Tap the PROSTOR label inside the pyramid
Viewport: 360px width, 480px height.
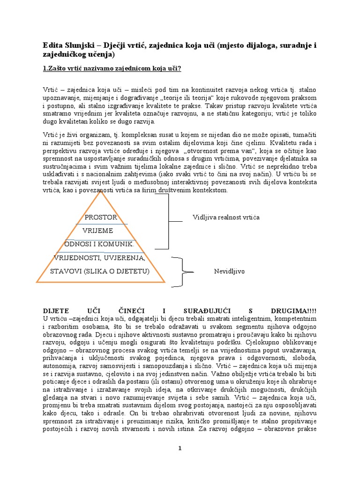[x=100, y=217]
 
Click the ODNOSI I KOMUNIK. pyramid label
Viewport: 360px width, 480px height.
[x=99, y=244]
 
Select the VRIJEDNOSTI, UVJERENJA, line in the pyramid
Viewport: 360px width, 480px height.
[x=100, y=258]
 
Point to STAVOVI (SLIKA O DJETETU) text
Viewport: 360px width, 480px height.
[x=100, y=271]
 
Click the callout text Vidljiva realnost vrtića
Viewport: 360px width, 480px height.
[x=226, y=217]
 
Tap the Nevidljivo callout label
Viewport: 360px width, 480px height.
[x=229, y=271]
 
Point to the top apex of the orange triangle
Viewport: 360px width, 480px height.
[x=100, y=193]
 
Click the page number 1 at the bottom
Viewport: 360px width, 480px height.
[x=180, y=449]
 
